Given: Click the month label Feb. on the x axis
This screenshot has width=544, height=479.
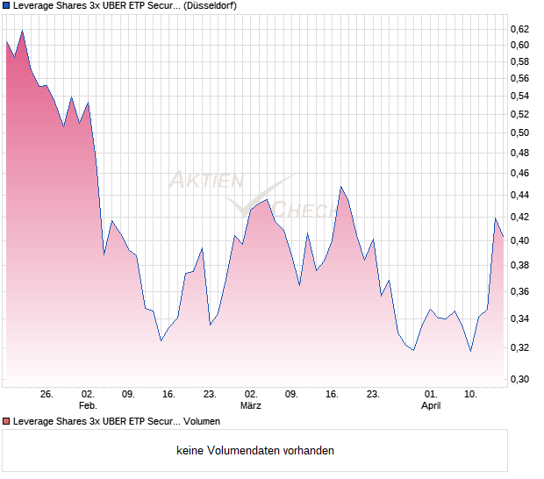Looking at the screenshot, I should tap(87, 405).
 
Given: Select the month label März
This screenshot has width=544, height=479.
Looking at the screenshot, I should tap(251, 405).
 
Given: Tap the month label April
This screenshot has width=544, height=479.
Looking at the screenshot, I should tap(431, 405).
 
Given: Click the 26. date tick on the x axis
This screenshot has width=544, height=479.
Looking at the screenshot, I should tap(47, 394).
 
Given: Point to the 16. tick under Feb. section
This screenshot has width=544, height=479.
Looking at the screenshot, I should tap(168, 394).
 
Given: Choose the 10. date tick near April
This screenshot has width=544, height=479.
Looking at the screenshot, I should tap(471, 394).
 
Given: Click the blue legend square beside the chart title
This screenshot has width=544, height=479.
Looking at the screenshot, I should tap(7, 5).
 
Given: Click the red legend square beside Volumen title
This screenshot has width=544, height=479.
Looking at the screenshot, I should tap(7, 421).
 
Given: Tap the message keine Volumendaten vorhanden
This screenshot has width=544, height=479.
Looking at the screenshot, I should tap(255, 450).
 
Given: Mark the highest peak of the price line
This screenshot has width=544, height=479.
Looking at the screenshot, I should tap(22, 31).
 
